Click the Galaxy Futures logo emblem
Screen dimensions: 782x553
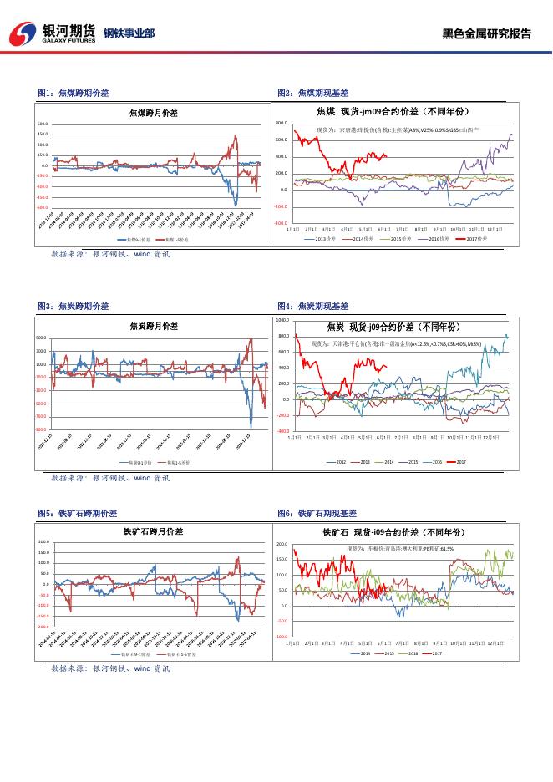(x=23, y=33)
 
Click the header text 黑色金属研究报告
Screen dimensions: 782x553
(x=486, y=34)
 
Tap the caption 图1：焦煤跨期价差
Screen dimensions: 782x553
(x=74, y=93)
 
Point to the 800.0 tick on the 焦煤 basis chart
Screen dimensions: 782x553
(x=281, y=123)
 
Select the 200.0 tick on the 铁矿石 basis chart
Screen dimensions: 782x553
(x=282, y=544)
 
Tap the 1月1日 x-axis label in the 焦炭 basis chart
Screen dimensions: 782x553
(x=293, y=437)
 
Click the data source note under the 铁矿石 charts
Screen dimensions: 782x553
(x=110, y=669)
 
